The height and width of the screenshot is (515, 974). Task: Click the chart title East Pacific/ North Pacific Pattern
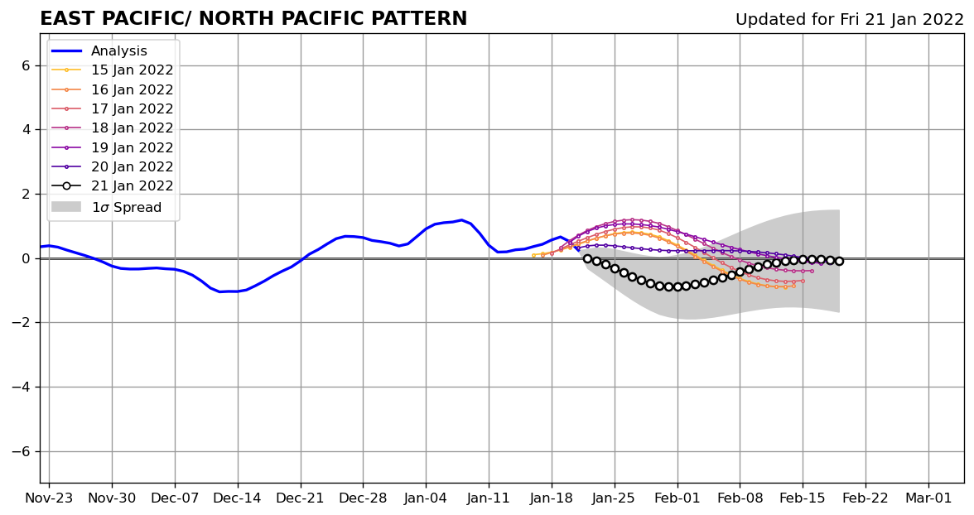click(253, 19)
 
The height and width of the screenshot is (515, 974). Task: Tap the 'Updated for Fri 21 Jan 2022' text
click(849, 20)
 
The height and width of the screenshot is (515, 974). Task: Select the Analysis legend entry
click(118, 51)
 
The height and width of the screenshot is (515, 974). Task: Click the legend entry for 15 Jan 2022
click(132, 70)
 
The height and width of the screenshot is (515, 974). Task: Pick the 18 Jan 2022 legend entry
click(132, 128)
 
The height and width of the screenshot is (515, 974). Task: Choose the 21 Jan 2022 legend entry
click(132, 186)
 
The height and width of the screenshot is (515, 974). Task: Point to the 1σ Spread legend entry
click(126, 208)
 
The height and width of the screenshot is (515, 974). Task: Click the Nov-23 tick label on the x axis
click(49, 498)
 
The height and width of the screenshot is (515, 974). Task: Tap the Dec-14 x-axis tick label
click(238, 498)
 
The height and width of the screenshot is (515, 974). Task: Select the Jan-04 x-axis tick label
click(426, 498)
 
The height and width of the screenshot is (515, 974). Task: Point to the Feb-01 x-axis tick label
click(677, 498)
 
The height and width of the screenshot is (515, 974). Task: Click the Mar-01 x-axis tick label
click(928, 498)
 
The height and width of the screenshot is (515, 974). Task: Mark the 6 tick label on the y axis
click(26, 65)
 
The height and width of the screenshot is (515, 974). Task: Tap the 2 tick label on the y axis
click(26, 194)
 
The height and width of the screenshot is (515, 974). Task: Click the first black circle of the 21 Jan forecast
click(587, 258)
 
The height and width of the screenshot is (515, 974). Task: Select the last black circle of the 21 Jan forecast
click(839, 261)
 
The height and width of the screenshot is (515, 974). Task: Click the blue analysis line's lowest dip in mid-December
click(220, 291)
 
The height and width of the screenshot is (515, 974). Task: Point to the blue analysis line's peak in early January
click(461, 220)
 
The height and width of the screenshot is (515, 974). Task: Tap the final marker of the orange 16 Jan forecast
click(793, 286)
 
